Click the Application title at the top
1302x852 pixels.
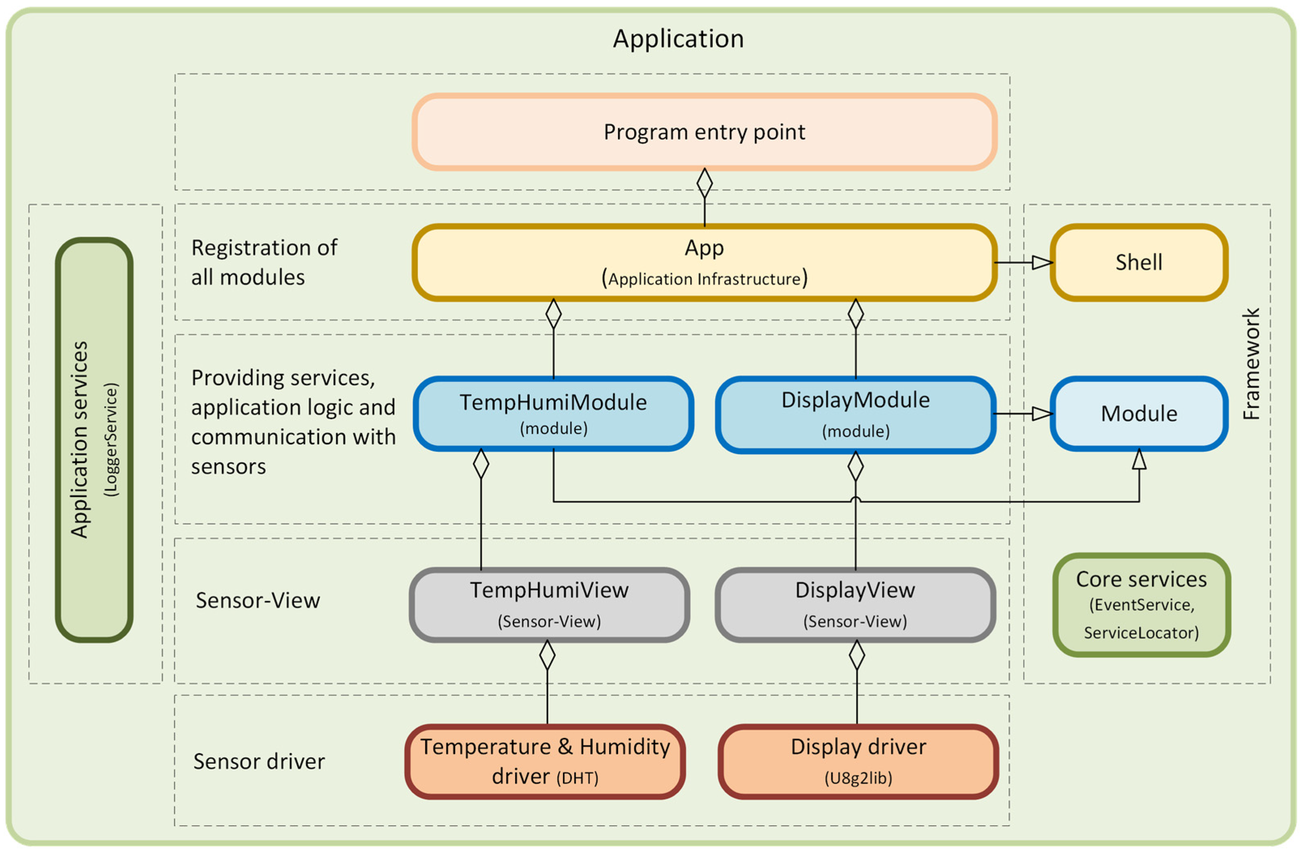point(678,39)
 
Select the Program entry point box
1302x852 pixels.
point(704,132)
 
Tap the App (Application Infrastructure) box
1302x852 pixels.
point(704,263)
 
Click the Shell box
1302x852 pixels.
point(1138,263)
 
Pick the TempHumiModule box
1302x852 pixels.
point(553,413)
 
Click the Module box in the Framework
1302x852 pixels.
point(1138,413)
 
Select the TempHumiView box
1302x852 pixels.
point(549,604)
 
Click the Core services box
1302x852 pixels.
point(1141,605)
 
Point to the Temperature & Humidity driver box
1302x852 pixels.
point(545,761)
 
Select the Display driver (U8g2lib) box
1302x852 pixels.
point(858,761)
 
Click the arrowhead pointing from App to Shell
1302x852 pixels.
point(1042,263)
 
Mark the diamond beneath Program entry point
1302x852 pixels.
point(704,183)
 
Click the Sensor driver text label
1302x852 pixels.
point(259,761)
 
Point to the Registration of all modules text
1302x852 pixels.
point(264,263)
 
